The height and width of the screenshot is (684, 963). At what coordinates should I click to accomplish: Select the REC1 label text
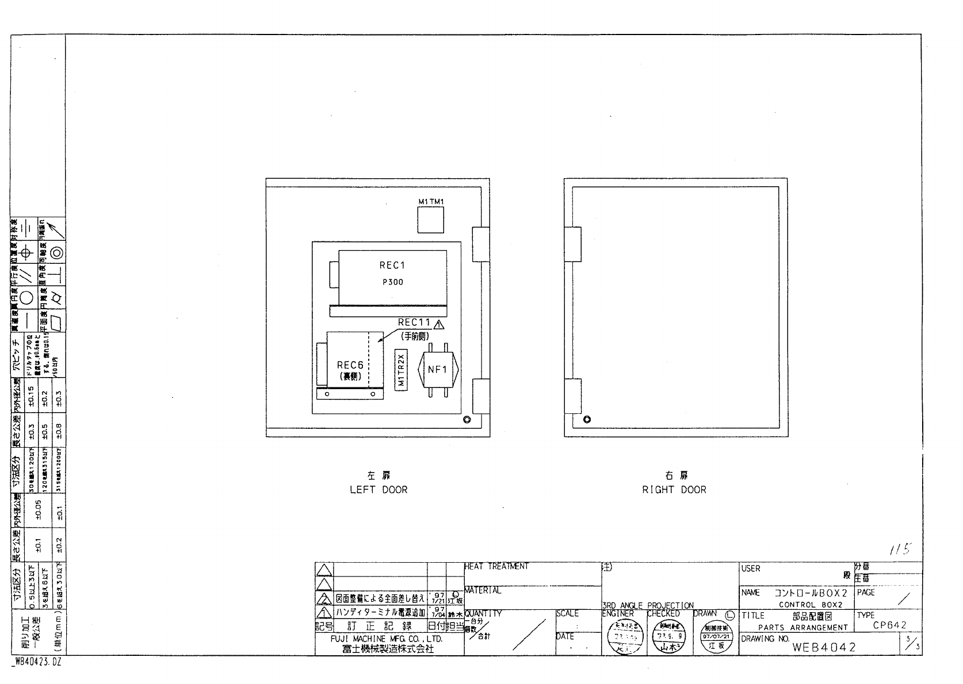392,265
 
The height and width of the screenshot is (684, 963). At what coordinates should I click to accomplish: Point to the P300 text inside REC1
392,282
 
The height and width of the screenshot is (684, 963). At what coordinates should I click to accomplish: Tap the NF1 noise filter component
437,370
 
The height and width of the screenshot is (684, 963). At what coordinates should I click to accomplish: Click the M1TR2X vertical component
402,370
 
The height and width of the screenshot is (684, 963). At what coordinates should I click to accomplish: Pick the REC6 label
350,365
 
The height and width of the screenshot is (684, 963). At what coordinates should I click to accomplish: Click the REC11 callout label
414,322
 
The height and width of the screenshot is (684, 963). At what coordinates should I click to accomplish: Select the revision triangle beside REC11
440,324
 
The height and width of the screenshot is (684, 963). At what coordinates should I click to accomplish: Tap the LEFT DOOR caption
379,490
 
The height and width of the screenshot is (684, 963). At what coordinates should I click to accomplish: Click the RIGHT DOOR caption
674,490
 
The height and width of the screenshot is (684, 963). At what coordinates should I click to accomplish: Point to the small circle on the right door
587,419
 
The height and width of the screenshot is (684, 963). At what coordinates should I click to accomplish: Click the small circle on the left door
467,419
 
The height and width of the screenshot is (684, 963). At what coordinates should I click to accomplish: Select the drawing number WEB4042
824,647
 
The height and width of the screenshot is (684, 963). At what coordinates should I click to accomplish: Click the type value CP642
889,625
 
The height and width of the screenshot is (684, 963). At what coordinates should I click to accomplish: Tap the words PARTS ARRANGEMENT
803,628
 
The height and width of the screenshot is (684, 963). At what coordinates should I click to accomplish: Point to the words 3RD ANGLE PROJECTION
648,605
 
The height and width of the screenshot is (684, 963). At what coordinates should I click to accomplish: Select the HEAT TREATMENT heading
496,567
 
